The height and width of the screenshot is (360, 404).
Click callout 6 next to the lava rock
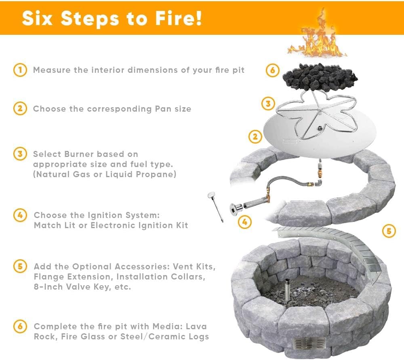[273, 70]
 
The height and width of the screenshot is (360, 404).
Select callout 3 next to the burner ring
[268, 104]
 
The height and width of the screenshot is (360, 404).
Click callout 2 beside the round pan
[255, 137]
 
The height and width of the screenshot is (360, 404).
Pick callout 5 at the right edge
[389, 231]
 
